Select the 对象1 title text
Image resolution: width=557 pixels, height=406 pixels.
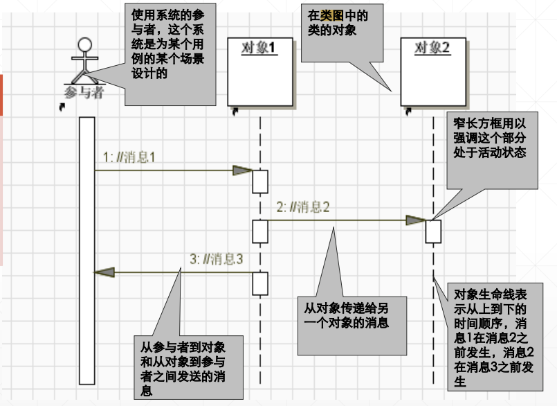(259, 48)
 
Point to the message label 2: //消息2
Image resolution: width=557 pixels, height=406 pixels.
(302, 207)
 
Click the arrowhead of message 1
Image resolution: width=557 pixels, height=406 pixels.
(242, 170)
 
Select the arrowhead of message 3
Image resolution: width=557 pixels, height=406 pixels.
(103, 272)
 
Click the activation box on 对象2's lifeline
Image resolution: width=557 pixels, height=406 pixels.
(433, 231)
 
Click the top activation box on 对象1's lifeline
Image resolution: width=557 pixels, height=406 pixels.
(259, 181)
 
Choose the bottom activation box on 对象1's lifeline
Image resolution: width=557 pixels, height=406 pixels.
(259, 283)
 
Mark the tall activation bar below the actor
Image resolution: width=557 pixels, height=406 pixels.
(86, 249)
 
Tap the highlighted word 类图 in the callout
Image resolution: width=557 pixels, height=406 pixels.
(331, 13)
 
